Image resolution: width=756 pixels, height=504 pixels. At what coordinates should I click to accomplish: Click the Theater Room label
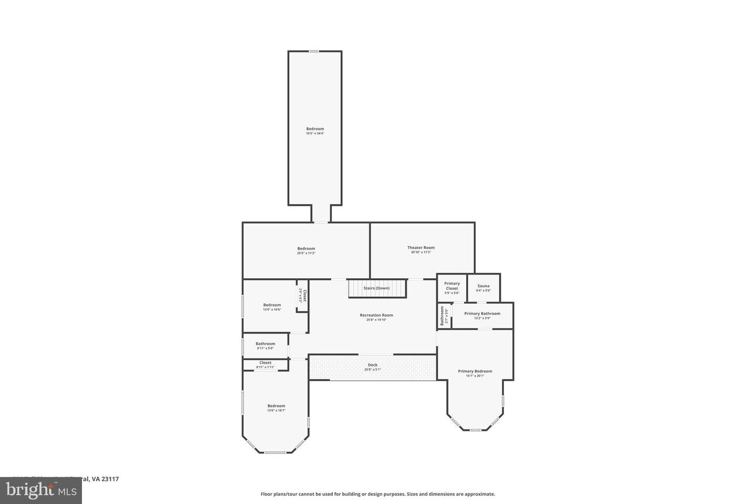click(421, 248)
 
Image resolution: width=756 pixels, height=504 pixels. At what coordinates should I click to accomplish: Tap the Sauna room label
click(483, 286)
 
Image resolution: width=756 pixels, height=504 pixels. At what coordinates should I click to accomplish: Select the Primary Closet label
click(451, 286)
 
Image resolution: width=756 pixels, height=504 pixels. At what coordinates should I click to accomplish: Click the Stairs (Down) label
click(376, 288)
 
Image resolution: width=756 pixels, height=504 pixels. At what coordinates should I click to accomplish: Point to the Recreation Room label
click(376, 316)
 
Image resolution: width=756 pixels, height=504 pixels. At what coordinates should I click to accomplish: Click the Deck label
click(372, 365)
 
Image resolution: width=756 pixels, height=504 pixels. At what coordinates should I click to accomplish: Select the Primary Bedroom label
click(475, 371)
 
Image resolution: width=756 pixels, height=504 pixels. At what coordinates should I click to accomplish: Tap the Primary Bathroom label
click(482, 313)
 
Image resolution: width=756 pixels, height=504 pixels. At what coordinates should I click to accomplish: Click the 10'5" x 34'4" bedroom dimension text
click(315, 133)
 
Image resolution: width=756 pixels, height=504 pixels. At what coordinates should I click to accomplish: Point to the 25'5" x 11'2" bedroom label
click(306, 249)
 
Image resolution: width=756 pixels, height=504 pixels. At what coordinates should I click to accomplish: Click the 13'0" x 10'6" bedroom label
click(272, 305)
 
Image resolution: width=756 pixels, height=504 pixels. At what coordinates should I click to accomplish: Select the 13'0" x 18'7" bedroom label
click(276, 406)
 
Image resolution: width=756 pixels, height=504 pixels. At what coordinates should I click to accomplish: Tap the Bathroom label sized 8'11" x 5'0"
click(265, 344)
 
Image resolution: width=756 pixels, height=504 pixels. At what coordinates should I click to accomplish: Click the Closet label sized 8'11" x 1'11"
click(265, 363)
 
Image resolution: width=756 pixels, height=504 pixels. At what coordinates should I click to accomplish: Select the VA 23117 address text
click(105, 479)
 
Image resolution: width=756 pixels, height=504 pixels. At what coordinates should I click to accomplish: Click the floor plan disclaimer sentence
click(377, 494)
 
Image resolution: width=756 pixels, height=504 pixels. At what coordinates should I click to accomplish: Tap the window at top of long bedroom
click(313, 51)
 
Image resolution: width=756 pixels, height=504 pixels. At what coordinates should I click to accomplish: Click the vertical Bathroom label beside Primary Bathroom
click(443, 316)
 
